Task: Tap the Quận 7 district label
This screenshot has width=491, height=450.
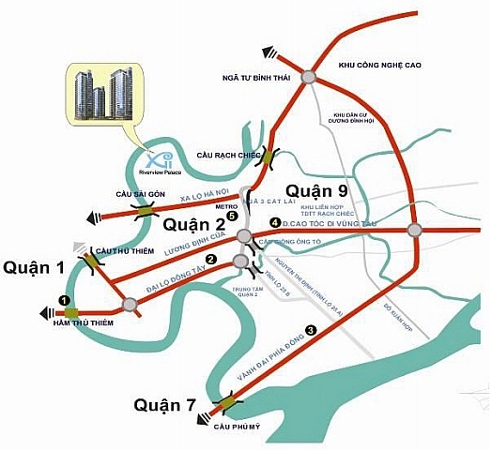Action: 164,405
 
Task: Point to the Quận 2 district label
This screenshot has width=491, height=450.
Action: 195,224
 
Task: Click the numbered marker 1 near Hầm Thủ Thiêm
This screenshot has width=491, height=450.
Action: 65,300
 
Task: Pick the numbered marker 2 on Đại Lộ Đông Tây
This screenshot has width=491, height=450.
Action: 212,260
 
